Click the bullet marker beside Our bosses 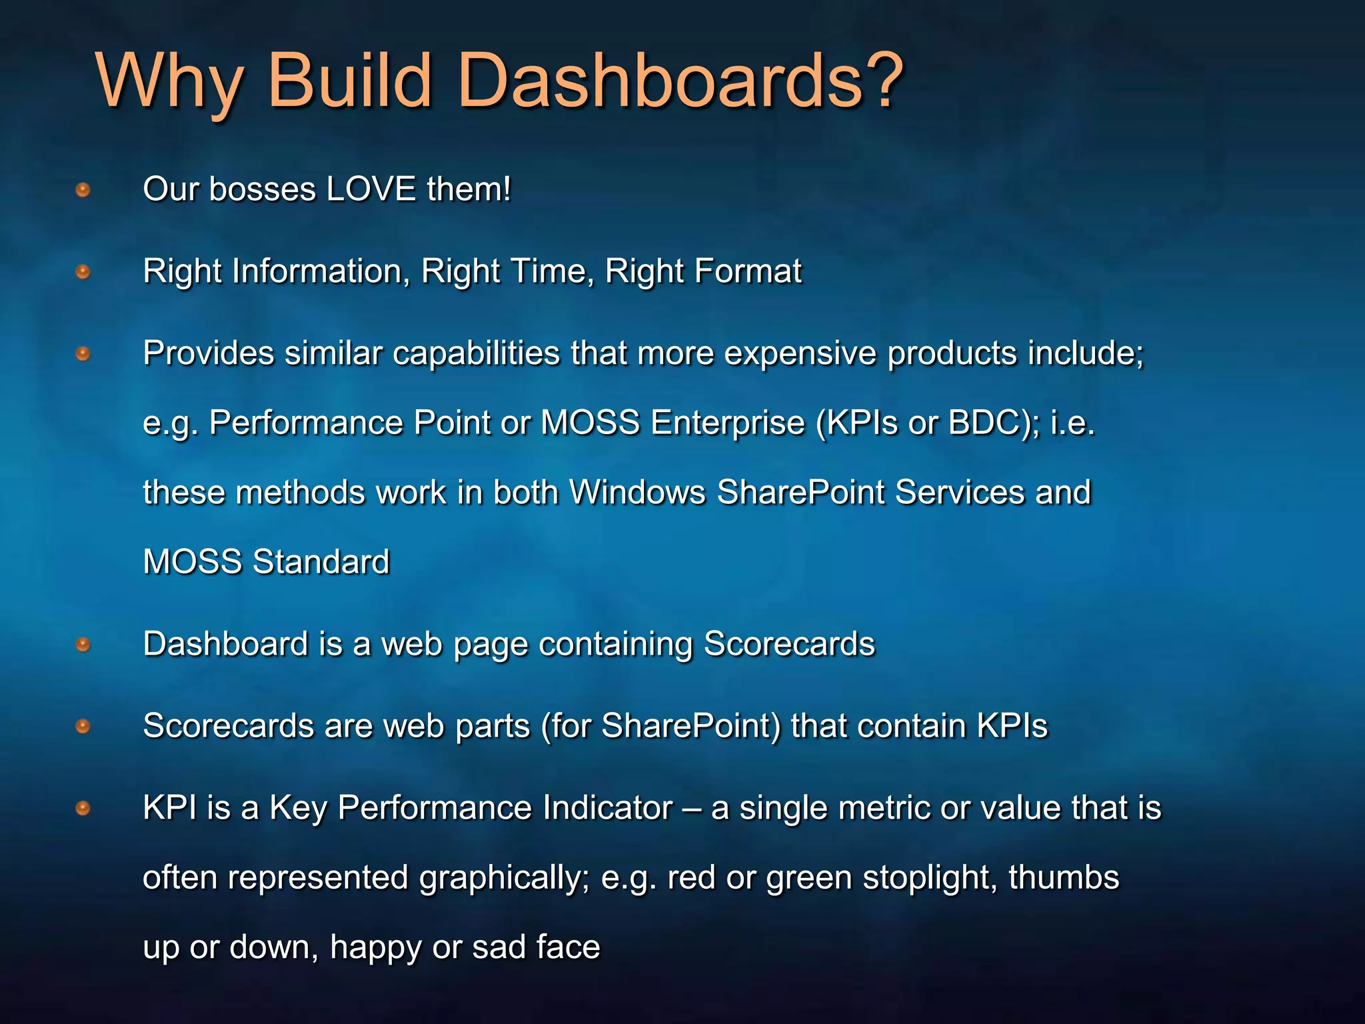coord(83,191)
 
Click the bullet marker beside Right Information coord(83,272)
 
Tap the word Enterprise coord(728,423)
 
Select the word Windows coord(637,493)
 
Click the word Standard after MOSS coord(321,562)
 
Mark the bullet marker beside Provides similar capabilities coord(83,353)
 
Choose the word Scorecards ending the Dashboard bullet coord(789,644)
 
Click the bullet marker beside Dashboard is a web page coord(83,645)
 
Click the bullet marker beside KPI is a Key coord(83,809)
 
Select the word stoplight coord(930,878)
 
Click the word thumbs coord(1064,878)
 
